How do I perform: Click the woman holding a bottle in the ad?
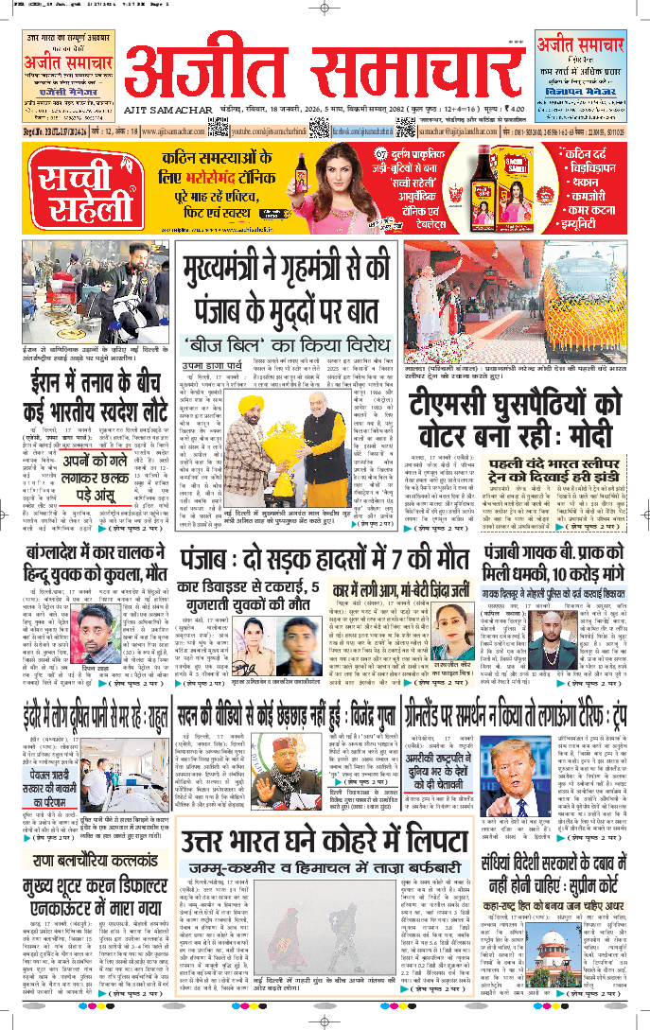356,187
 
